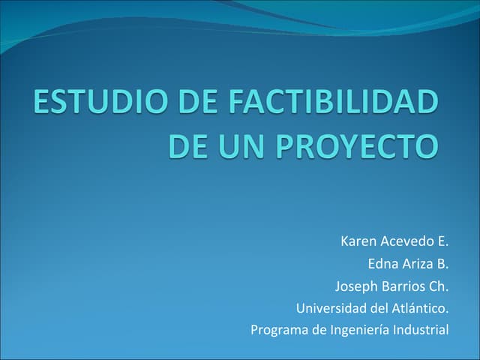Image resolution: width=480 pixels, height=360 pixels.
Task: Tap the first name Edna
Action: pyautogui.click(x=382, y=264)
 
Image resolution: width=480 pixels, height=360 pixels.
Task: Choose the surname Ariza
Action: pyautogui.click(x=416, y=264)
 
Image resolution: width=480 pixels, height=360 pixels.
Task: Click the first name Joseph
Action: pyautogui.click(x=357, y=286)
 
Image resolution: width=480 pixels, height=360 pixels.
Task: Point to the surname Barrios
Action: pyautogui.click(x=403, y=286)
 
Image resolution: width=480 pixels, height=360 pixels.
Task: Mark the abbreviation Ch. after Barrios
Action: pyautogui.click(x=439, y=286)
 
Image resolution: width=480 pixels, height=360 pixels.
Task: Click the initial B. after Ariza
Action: pyautogui.click(x=442, y=264)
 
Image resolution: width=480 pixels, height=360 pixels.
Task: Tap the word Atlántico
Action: pyautogui.click(x=419, y=307)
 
